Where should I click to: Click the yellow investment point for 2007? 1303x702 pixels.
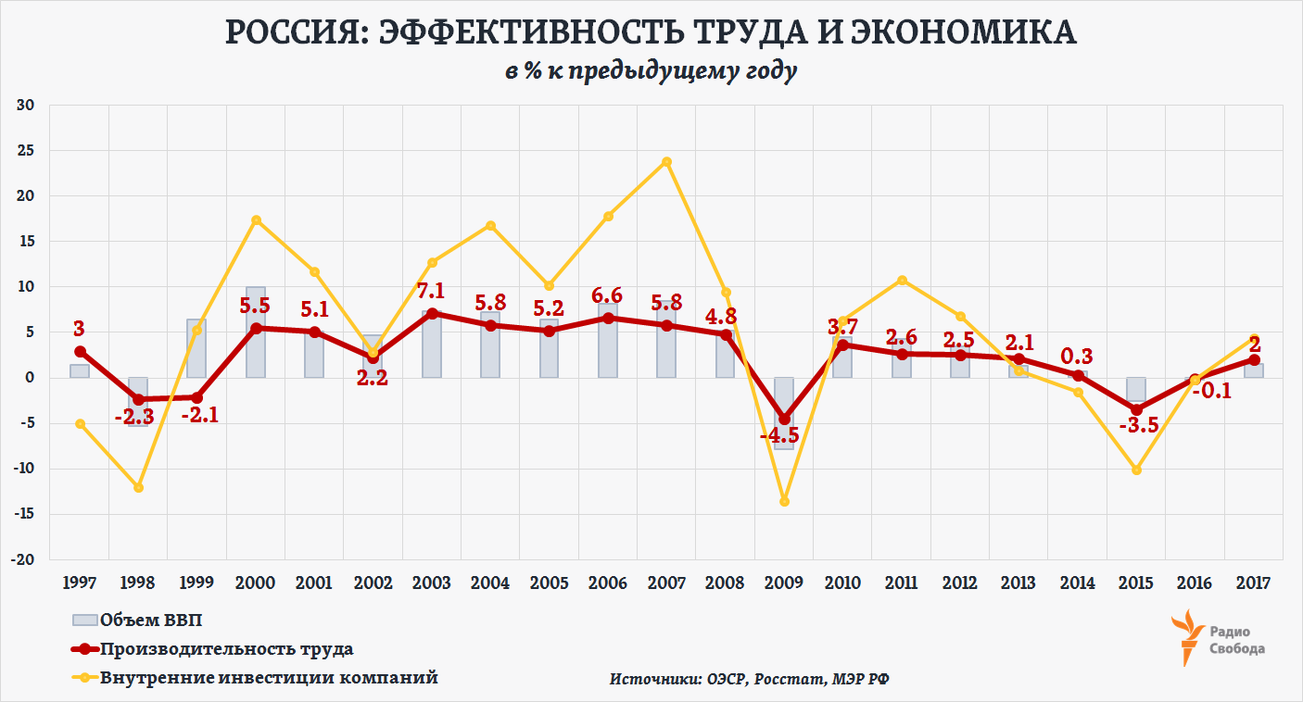click(x=666, y=162)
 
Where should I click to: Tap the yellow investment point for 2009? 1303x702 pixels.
click(x=784, y=501)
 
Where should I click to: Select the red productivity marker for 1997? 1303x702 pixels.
click(x=81, y=352)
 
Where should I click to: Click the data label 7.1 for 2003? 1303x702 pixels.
click(x=432, y=294)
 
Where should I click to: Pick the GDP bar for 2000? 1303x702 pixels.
click(x=256, y=332)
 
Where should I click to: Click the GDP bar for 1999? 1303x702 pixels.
click(x=196, y=348)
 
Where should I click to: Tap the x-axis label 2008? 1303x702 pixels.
click(x=725, y=583)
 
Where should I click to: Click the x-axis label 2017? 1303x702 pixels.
click(x=1253, y=583)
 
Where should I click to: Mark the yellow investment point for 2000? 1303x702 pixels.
click(x=256, y=220)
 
